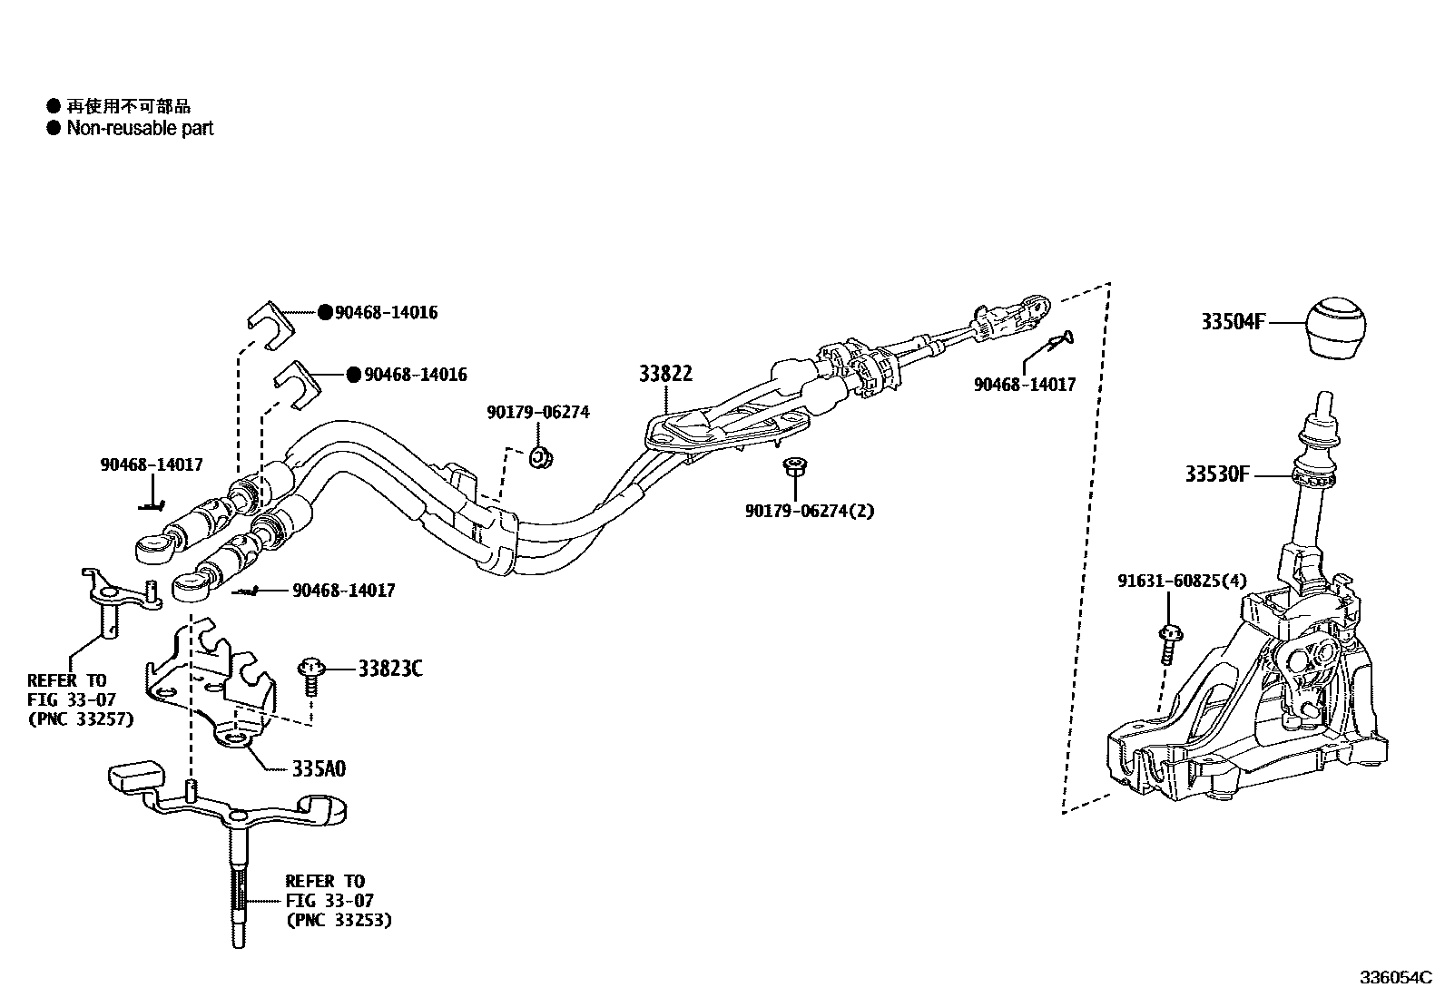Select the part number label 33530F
pyautogui.click(x=1216, y=474)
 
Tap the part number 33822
pyautogui.click(x=665, y=374)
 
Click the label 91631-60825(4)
pyautogui.click(x=1182, y=581)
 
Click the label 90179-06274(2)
pyautogui.click(x=810, y=511)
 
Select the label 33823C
pyautogui.click(x=389, y=670)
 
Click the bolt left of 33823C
pyautogui.click(x=310, y=676)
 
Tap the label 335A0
pyautogui.click(x=319, y=769)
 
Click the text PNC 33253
pyautogui.click(x=339, y=920)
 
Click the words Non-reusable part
pyautogui.click(x=140, y=128)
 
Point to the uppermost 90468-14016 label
pyautogui.click(x=386, y=312)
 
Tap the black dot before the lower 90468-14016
pyautogui.click(x=354, y=375)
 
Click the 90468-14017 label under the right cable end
pyautogui.click(x=1025, y=385)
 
